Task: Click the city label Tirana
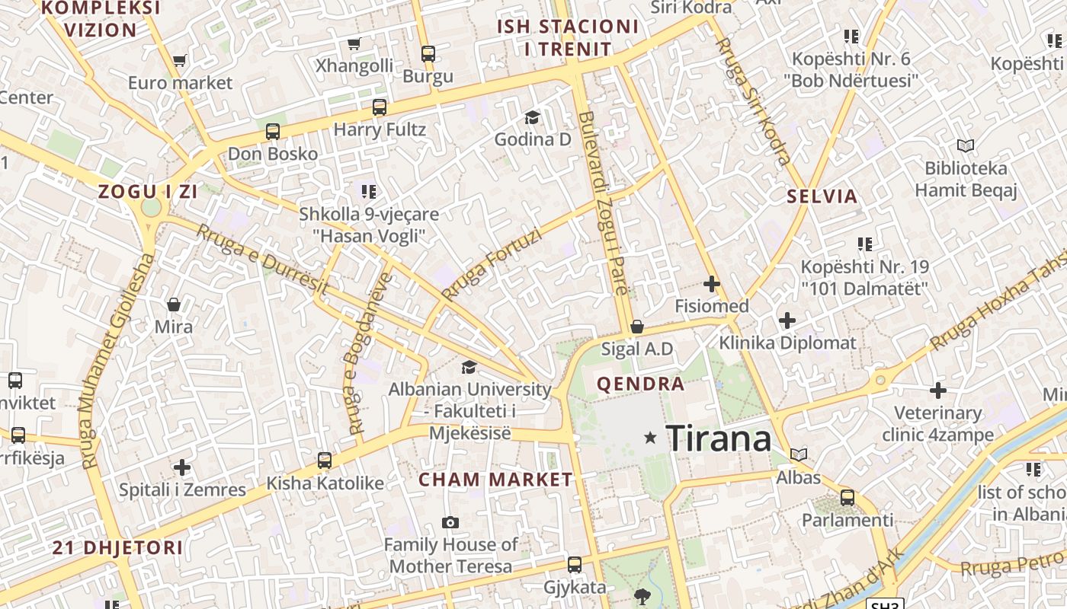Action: point(719,439)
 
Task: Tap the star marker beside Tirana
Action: point(650,437)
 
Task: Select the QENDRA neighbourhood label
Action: point(640,384)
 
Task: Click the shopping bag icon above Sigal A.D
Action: point(637,327)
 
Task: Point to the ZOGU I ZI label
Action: point(148,192)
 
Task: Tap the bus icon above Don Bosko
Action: point(273,132)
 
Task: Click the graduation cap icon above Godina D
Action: point(532,117)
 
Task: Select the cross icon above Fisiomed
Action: point(712,285)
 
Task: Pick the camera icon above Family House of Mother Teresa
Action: point(450,522)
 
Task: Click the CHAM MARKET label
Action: point(495,480)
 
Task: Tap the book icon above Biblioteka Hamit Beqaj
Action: point(966,145)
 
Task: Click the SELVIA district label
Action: point(822,196)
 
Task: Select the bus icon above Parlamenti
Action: point(848,498)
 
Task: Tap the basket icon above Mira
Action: point(174,304)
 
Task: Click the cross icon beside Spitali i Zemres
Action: point(182,467)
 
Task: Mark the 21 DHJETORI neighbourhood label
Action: point(117,547)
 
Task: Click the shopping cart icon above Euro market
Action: point(180,60)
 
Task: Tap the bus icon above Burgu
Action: point(428,54)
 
